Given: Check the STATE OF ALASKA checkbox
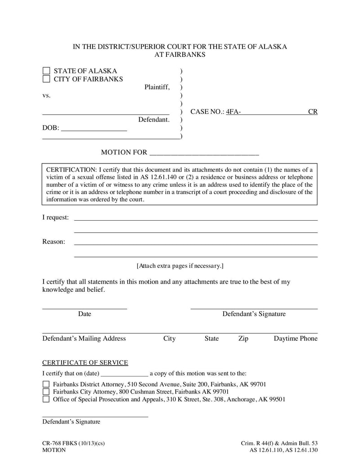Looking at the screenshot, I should click(x=46, y=71).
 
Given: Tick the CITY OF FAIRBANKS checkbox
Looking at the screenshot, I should click(x=46, y=79).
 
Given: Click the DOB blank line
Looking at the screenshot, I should click(x=94, y=128).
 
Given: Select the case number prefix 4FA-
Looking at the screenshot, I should click(x=233, y=112).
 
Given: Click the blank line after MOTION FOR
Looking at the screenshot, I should click(x=204, y=153).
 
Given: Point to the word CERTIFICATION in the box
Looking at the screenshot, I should click(x=71, y=170).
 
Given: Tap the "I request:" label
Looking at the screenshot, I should click(x=55, y=217).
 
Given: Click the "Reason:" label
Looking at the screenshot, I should click(x=54, y=242).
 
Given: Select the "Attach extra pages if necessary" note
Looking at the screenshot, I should click(x=180, y=266).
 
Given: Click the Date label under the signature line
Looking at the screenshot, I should click(x=85, y=314).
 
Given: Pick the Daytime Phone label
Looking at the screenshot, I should click(x=295, y=339).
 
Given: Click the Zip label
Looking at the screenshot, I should click(x=243, y=339).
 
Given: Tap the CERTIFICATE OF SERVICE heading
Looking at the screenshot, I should click(x=85, y=363).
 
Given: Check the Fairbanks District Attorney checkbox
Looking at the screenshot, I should click(x=46, y=385).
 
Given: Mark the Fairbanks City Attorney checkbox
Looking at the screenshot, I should click(x=46, y=392).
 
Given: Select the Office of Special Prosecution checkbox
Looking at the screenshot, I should click(x=46, y=399).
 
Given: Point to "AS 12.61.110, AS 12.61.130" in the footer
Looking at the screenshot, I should click(x=283, y=450).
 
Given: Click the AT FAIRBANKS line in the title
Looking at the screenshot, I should click(x=180, y=55).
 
